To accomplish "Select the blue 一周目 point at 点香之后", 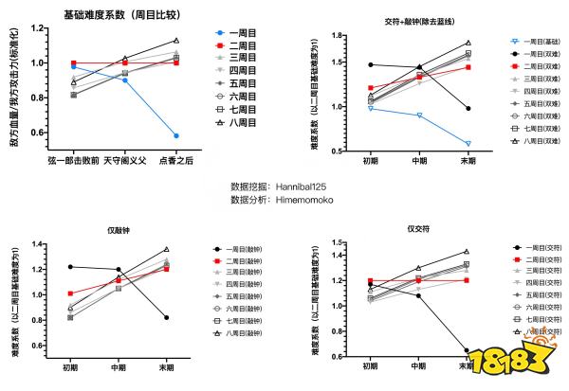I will (x=175, y=135).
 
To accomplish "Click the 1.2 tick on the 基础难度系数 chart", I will (x=39, y=28).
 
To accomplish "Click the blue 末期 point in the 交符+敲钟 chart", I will (x=468, y=144).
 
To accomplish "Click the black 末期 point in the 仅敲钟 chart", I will (x=167, y=317).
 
